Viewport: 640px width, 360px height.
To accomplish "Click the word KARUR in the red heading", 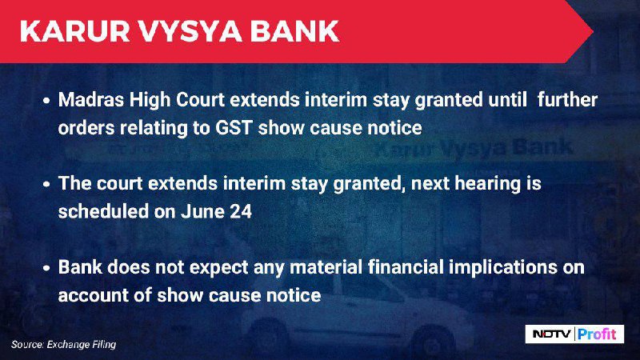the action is coord(74,31).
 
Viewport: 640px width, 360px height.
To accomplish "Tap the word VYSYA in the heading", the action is coord(190,31).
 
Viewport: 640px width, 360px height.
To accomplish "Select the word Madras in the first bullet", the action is coord(91,100).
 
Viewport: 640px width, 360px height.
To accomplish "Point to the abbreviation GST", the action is coord(234,128).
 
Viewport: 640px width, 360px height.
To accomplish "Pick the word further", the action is coord(567,100).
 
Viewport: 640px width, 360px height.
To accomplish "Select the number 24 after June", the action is coord(241,211).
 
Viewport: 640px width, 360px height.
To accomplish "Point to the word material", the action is coord(326,268).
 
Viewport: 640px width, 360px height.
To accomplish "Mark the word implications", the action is coord(503,269).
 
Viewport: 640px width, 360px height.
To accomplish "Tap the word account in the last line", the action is coord(93,295).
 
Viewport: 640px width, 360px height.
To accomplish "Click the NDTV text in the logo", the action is coord(551,334).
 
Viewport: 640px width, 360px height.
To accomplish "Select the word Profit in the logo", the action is coord(597,334).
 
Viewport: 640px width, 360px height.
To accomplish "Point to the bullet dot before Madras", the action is coord(46,101).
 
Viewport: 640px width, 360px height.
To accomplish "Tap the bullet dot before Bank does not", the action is coord(46,268).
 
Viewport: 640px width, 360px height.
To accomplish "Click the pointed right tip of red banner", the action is coord(593,31).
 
